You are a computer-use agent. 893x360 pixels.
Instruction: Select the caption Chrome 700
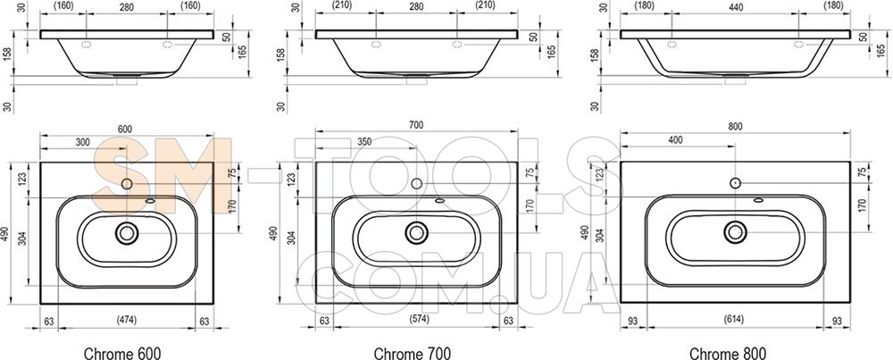click(413, 353)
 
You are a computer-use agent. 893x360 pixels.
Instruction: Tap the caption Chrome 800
click(728, 353)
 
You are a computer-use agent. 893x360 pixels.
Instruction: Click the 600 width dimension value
click(125, 130)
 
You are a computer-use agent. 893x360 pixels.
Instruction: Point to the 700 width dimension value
click(416, 125)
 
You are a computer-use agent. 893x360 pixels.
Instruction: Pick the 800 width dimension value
click(735, 127)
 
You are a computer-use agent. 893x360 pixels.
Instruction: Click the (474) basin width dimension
click(127, 321)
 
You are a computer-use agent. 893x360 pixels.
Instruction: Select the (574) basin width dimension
click(416, 320)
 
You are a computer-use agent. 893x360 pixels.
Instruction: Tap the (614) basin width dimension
click(735, 320)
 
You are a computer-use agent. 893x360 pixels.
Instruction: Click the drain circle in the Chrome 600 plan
click(127, 232)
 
